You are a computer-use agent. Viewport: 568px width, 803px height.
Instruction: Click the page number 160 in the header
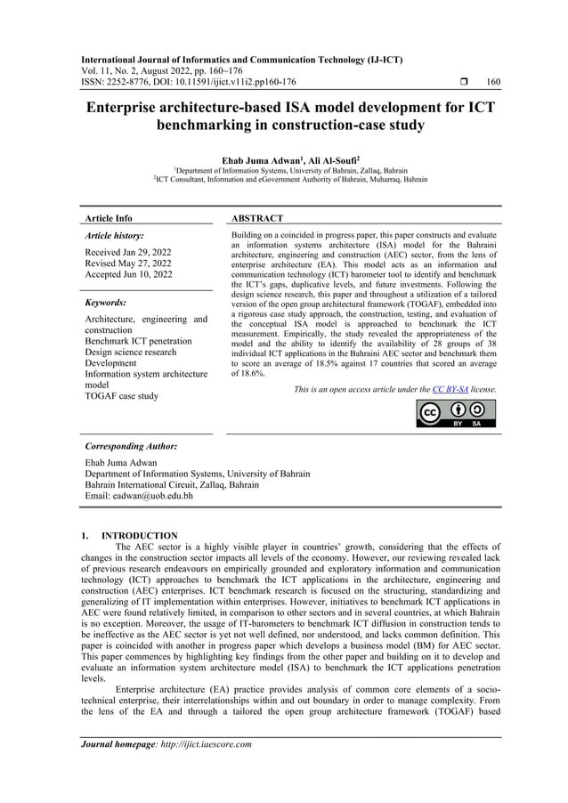(x=493, y=82)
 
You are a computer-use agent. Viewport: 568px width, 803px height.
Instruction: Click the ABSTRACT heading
(x=257, y=218)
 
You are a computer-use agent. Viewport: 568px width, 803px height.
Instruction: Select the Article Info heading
(x=108, y=218)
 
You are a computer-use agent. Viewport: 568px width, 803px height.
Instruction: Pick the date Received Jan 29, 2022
(x=128, y=253)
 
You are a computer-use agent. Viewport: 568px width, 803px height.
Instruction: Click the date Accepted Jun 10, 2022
(x=128, y=276)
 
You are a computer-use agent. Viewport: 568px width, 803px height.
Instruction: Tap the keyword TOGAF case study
(x=121, y=396)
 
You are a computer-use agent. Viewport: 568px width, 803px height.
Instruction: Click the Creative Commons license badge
(x=456, y=414)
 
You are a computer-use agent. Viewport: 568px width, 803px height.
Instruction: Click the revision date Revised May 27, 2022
(x=128, y=264)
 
